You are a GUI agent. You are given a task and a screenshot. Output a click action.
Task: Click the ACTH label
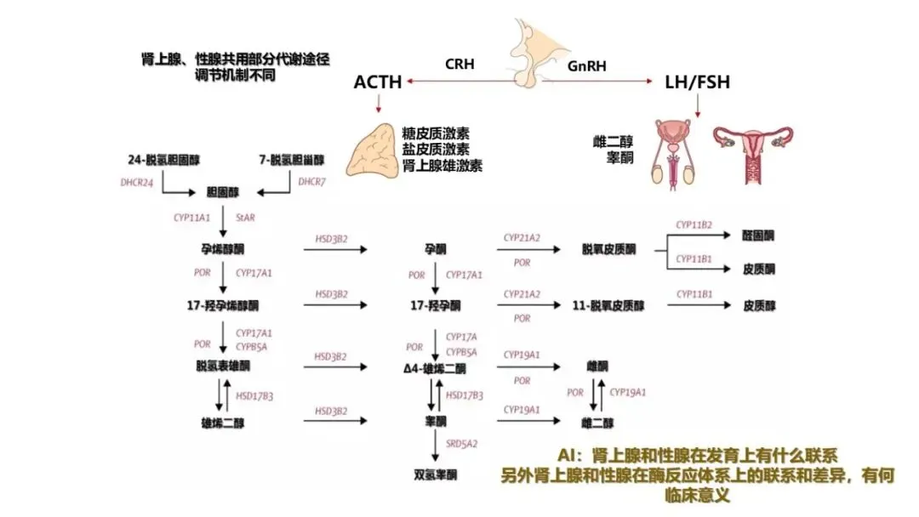click(x=378, y=82)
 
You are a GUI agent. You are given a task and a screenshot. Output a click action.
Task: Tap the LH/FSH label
click(x=698, y=82)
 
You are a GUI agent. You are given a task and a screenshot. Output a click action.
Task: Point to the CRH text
click(x=460, y=65)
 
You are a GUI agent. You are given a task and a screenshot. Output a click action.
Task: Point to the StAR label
click(x=244, y=218)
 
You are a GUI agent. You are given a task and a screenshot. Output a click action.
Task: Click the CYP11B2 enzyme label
click(x=694, y=225)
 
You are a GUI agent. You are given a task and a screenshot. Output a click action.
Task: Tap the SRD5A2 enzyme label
click(x=462, y=443)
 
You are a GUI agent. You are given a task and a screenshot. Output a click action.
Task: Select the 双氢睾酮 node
click(x=436, y=474)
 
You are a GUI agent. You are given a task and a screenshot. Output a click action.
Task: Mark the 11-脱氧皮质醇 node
click(x=607, y=304)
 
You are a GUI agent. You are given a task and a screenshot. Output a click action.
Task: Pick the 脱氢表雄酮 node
click(x=222, y=366)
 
